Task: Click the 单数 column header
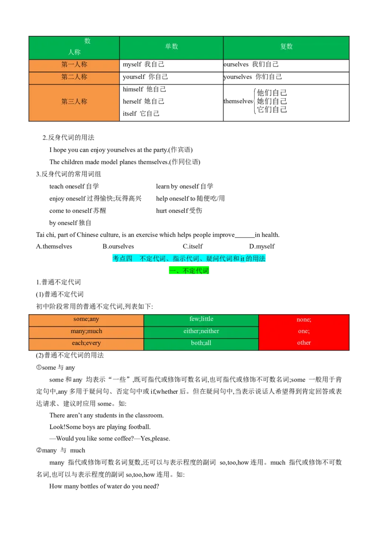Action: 171,47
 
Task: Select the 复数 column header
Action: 286,47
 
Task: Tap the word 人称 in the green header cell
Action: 74,52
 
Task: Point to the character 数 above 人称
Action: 87,41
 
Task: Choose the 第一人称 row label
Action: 74,65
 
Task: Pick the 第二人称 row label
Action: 74,77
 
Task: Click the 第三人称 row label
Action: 74,101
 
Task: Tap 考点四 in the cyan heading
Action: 122,259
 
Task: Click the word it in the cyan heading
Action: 242,259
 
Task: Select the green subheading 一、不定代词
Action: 189,271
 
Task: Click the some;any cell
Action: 86,319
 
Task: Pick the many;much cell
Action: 86,331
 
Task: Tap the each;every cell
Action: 86,343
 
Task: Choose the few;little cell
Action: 201,319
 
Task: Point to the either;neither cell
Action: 201,331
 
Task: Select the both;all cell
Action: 201,343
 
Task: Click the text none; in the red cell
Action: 304,320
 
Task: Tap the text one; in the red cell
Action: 304,332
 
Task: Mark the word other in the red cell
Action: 304,343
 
